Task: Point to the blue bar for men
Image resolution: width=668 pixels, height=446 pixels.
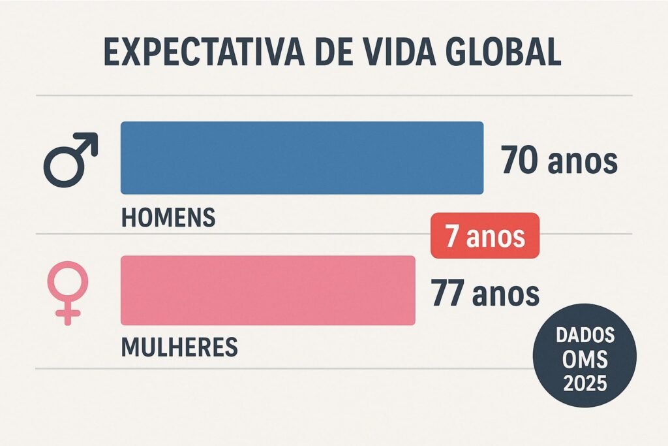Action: (301, 157)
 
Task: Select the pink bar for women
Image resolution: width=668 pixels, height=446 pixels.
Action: (267, 290)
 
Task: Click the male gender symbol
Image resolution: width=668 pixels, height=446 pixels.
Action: (69, 160)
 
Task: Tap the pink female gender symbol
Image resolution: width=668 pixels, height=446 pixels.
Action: (68, 291)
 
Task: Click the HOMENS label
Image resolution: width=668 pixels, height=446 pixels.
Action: (168, 217)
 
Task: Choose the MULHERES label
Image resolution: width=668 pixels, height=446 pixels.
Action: (179, 346)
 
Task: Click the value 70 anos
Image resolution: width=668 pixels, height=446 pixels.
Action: (559, 161)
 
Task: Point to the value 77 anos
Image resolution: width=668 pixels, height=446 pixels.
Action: (485, 293)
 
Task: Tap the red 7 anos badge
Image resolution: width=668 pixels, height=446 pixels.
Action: (485, 236)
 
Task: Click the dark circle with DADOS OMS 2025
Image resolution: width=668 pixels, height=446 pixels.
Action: (584, 357)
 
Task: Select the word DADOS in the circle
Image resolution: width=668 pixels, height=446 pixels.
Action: (585, 335)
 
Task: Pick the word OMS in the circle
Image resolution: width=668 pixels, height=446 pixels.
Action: (585, 358)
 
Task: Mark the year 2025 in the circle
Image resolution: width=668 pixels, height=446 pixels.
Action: (585, 381)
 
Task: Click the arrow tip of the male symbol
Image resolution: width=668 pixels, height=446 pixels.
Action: (93, 138)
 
